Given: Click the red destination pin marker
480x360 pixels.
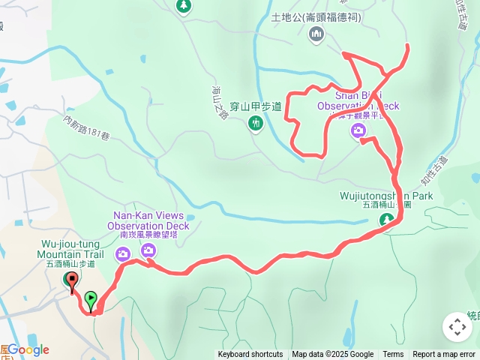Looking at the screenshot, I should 72,283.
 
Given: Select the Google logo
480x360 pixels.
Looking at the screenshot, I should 28,349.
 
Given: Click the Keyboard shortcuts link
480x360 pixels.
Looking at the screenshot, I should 250,355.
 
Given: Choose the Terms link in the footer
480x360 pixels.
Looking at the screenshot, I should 393,355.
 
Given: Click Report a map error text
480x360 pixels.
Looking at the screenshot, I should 444,355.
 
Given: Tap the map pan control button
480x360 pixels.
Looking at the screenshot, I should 457,327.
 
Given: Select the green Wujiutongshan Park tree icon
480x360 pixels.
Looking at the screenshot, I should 386,220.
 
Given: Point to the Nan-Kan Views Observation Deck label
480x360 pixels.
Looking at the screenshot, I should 148,220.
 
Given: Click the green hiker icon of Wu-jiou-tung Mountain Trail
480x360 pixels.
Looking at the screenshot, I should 67,280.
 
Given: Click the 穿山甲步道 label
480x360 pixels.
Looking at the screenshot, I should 256,106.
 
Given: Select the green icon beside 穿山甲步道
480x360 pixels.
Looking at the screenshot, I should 256,123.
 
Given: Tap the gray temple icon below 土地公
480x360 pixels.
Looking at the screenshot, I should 316,34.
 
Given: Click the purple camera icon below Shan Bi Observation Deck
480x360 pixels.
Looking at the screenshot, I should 359,131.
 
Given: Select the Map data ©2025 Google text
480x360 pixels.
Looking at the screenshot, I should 333,355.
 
